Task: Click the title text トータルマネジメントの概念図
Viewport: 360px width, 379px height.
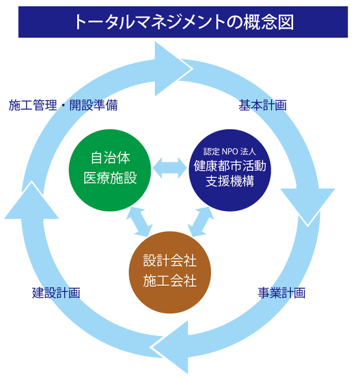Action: [x=184, y=22]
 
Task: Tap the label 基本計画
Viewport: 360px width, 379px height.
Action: [x=262, y=105]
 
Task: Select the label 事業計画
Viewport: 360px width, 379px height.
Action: [x=281, y=293]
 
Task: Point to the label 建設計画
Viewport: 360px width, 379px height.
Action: [x=56, y=293]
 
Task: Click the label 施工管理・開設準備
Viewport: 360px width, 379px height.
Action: [x=63, y=105]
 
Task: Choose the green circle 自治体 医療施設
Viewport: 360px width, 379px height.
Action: [x=110, y=170]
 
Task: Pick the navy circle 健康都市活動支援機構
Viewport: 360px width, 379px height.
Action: [x=230, y=170]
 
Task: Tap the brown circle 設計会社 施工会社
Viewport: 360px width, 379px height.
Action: [x=170, y=272]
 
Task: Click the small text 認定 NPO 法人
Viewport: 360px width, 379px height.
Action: [x=230, y=152]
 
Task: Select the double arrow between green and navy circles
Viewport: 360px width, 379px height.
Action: [x=170, y=168]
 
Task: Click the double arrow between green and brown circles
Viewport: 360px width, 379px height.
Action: [x=139, y=222]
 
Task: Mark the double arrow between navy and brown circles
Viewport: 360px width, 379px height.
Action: [x=201, y=222]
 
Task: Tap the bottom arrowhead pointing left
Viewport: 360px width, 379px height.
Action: [x=171, y=348]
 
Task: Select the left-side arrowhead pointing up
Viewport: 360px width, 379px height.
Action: [x=31, y=200]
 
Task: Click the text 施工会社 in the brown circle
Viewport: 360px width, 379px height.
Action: [x=169, y=281]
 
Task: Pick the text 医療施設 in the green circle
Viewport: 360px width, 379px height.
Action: [x=110, y=178]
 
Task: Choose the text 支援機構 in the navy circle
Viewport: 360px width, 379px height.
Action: [x=230, y=181]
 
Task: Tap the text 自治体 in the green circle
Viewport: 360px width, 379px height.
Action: [x=110, y=158]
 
